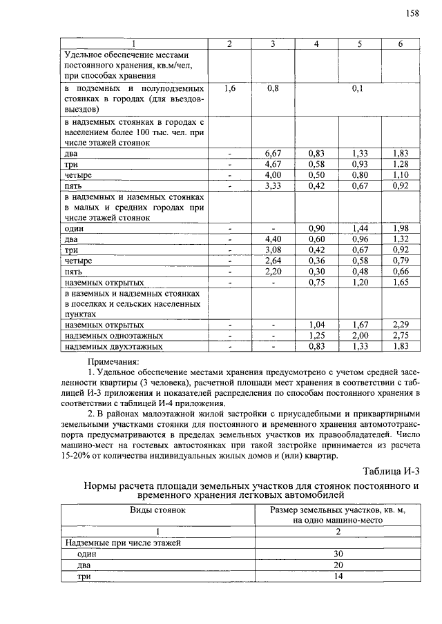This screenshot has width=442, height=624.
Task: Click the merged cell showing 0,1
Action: (357, 89)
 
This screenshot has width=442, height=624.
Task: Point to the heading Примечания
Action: (113, 361)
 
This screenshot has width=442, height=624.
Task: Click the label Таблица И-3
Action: (391, 471)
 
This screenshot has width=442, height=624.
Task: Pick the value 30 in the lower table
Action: (338, 554)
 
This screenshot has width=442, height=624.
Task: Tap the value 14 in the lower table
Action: (338, 576)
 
